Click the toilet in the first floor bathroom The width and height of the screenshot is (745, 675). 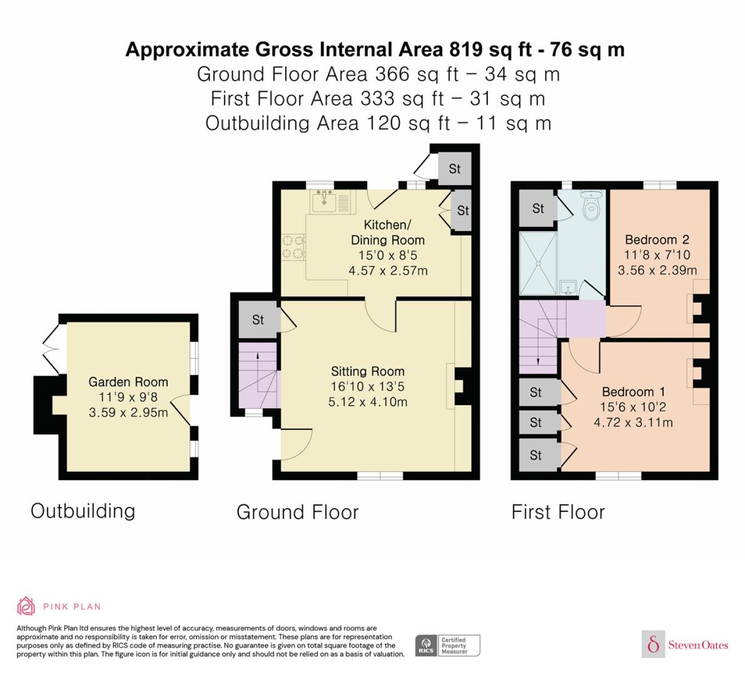click(x=591, y=206)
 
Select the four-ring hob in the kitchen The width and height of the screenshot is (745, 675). click(x=293, y=247)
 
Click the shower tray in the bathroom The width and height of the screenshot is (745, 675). click(x=538, y=263)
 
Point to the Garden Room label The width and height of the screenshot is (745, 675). click(x=128, y=382)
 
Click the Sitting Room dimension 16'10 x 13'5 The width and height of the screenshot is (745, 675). click(x=367, y=387)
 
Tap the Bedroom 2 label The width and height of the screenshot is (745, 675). click(x=657, y=239)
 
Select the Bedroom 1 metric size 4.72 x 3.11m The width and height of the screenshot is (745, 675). click(x=633, y=423)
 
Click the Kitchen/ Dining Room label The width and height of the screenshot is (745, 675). click(x=387, y=232)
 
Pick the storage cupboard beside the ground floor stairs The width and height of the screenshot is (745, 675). click(x=258, y=319)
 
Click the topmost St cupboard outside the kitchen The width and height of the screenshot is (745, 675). click(x=454, y=169)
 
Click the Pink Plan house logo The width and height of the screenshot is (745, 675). click(x=26, y=606)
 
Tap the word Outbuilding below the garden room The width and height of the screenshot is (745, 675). click(x=83, y=511)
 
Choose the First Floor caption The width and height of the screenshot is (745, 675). click(x=558, y=512)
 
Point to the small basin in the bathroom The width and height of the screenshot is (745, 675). click(x=567, y=287)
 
